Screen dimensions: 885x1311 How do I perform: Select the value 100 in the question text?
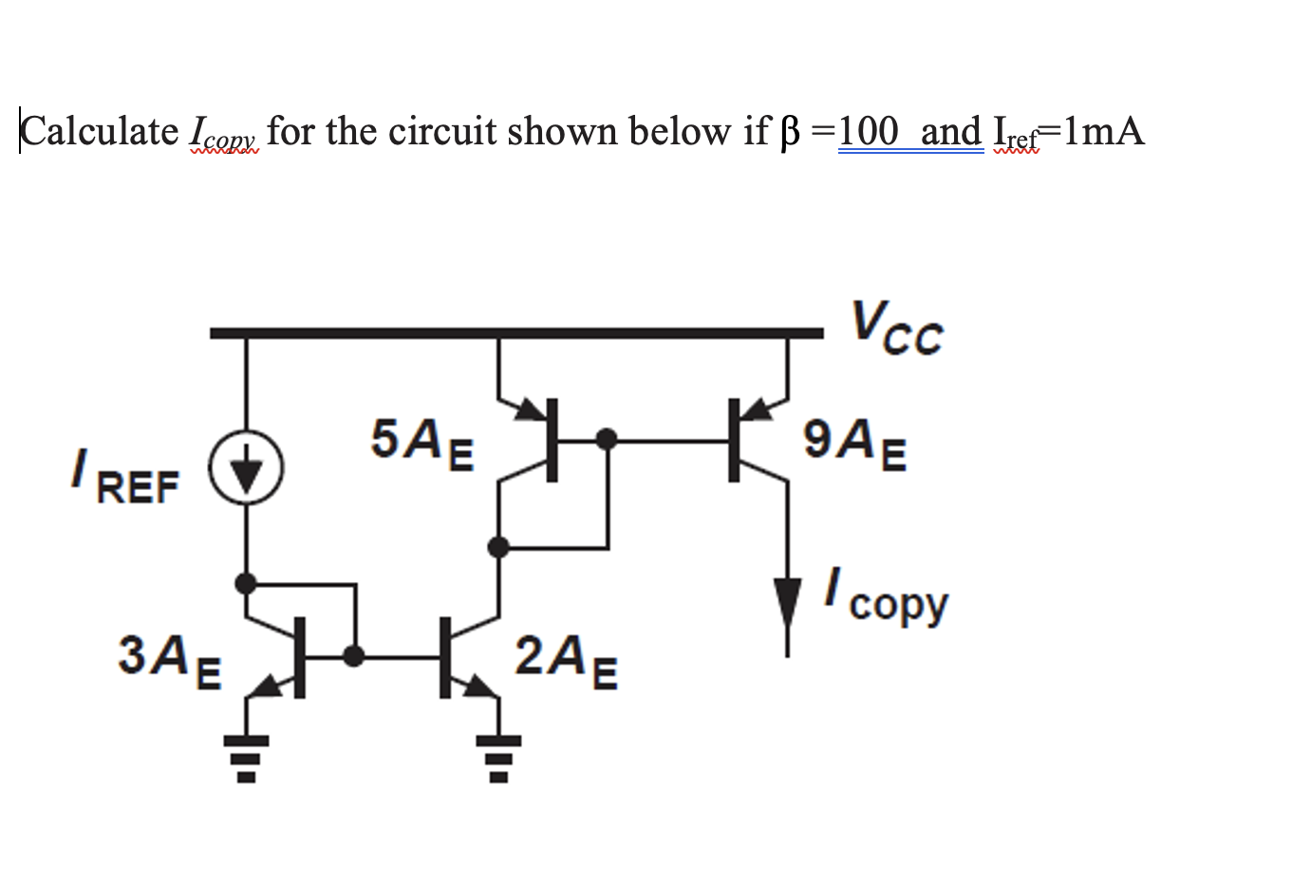[x=868, y=131]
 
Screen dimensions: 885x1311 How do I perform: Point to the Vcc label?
[x=896, y=329]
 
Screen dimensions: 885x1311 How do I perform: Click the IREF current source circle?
[x=247, y=467]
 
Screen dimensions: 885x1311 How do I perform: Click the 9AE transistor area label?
[x=853, y=442]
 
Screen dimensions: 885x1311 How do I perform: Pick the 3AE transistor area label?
[x=169, y=659]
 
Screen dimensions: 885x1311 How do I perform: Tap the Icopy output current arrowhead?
[x=787, y=601]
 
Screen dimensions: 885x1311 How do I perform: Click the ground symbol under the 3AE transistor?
[x=246, y=756]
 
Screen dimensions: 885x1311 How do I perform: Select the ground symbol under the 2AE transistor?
[x=497, y=756]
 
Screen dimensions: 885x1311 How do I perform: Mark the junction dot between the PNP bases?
[x=607, y=439]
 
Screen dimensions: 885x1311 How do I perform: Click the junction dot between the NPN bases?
[x=354, y=656]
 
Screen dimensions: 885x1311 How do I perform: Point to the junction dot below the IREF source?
[x=246, y=582]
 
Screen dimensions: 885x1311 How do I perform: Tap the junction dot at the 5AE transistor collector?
[x=497, y=547]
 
